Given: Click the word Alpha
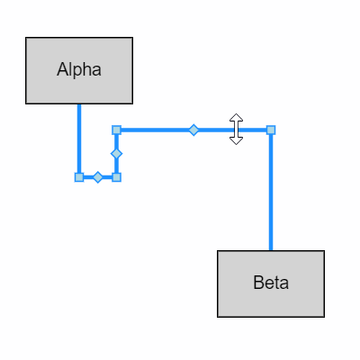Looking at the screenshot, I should click(x=79, y=70).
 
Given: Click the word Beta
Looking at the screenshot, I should click(x=271, y=283).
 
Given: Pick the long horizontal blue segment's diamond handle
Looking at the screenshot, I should click(x=193, y=130).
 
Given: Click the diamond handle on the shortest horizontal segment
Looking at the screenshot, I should click(x=98, y=177).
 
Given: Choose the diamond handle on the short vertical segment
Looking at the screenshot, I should click(x=116, y=154).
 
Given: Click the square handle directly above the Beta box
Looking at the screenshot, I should click(x=271, y=130).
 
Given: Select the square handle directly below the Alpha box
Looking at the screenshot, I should click(x=79, y=177).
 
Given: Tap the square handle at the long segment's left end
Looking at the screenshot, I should click(x=116, y=130).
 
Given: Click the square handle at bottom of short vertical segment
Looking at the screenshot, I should click(x=116, y=177).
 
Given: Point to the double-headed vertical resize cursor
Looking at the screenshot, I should click(x=236, y=129).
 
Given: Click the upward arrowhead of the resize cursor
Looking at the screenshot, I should click(x=236, y=117).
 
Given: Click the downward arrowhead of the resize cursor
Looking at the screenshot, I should click(x=236, y=141).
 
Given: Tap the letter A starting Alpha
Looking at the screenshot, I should click(x=61, y=70).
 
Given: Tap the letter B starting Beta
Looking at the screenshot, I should click(x=258, y=283).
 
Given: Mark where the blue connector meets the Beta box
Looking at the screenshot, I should click(x=271, y=251).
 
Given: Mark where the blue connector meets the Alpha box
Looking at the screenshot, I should click(x=79, y=104).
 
